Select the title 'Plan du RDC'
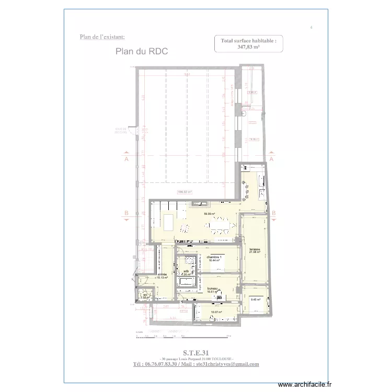pos(141,52)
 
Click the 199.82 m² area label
pos(185,192)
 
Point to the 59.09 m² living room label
pos(210,214)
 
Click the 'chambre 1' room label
pos(214,258)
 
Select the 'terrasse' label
pos(255,249)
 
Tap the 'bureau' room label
pos(212,289)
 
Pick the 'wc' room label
pos(144,294)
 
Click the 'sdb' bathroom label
pos(186,272)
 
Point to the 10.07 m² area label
pos(216,313)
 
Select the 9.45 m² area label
pos(256,299)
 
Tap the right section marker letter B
pos(272,213)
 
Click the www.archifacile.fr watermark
pos(306,384)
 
